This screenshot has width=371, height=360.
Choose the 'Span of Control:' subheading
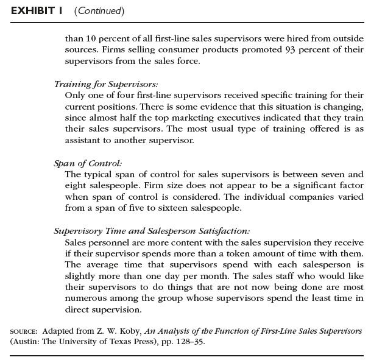[88, 163]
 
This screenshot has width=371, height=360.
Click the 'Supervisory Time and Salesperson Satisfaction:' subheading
[151, 231]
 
